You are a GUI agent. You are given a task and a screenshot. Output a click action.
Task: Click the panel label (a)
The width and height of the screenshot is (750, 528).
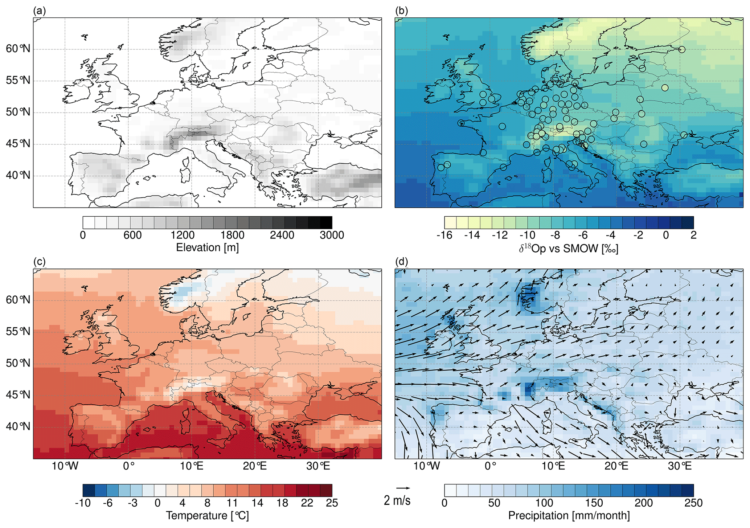(39, 11)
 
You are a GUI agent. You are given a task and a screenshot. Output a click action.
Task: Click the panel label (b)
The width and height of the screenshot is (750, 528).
(401, 11)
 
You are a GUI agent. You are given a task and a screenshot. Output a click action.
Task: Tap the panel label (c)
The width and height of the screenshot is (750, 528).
(39, 262)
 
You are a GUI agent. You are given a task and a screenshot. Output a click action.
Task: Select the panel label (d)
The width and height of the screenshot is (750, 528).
(401, 262)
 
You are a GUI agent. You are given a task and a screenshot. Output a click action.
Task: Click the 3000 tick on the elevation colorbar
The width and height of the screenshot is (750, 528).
(332, 235)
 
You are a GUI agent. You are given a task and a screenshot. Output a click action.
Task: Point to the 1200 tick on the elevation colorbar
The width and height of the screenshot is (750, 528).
(183, 235)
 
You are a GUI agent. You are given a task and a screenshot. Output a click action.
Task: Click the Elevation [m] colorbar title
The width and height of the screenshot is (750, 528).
(207, 247)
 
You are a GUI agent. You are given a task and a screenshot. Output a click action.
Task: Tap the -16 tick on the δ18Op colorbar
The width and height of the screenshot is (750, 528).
(444, 235)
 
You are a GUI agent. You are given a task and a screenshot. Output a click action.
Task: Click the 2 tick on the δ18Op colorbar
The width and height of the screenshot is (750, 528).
(693, 235)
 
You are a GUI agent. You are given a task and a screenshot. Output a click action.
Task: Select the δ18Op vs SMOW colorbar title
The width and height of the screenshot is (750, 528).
(569, 248)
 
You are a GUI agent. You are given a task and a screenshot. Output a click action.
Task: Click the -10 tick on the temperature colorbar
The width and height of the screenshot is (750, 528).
(82, 503)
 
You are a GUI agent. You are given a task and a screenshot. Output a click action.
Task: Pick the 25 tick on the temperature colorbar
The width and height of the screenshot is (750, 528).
(332, 503)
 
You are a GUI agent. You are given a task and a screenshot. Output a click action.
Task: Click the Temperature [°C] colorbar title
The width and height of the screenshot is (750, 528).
(207, 515)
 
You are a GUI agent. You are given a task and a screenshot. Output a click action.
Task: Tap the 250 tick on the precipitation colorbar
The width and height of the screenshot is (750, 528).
(693, 503)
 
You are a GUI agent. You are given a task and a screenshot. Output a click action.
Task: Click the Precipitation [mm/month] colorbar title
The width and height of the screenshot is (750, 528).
(569, 515)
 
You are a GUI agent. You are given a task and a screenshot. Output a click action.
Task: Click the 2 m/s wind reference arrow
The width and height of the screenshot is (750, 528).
(403, 488)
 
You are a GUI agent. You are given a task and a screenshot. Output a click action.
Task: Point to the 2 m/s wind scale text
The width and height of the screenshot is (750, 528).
(397, 501)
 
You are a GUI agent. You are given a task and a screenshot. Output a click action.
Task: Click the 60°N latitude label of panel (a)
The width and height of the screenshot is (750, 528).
(18, 49)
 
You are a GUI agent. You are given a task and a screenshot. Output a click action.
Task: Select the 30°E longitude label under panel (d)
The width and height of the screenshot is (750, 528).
(680, 466)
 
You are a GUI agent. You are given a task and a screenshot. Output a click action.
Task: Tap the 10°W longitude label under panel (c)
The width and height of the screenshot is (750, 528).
(65, 466)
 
